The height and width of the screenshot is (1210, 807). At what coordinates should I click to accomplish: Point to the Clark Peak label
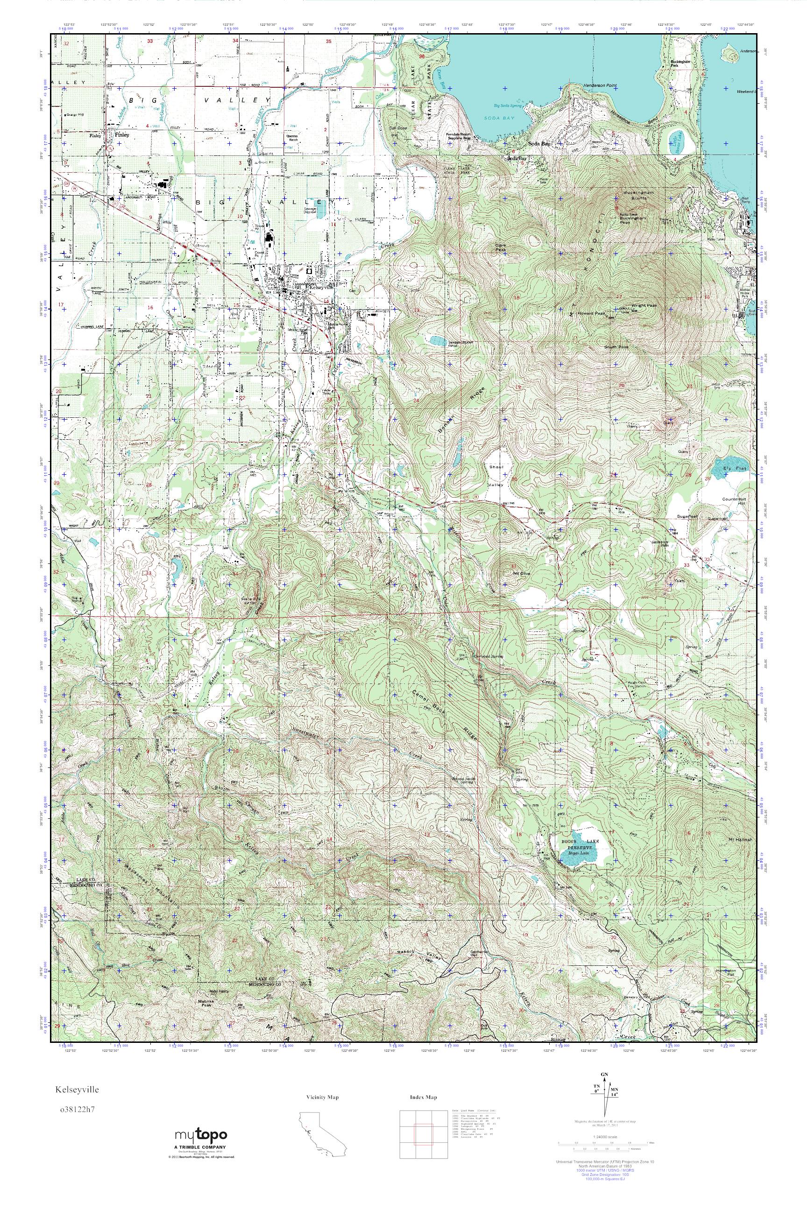pyautogui.click(x=500, y=247)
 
